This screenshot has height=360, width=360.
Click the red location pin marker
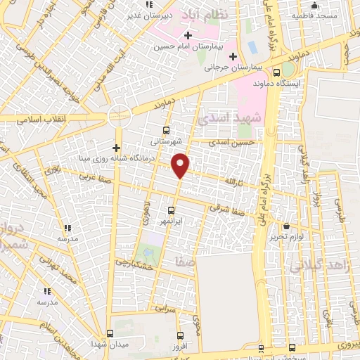(x=181, y=165)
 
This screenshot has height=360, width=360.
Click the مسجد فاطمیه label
(x=313, y=15)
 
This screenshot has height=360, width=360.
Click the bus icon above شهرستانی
(x=166, y=129)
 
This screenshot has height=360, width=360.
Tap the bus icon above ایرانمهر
(x=172, y=210)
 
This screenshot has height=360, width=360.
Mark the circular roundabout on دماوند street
(x=120, y=116)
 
